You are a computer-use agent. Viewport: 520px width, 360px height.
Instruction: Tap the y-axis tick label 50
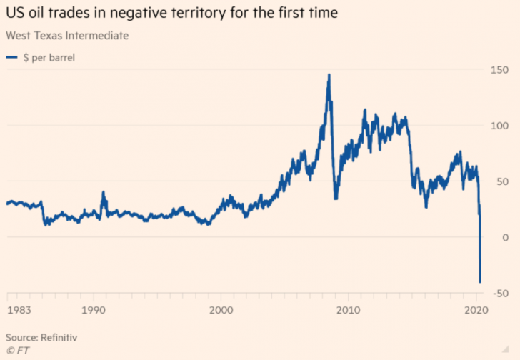point(499,181)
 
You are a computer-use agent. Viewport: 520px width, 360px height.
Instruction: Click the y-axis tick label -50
point(497,294)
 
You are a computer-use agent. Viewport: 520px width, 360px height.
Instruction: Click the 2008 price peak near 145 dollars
point(329,74)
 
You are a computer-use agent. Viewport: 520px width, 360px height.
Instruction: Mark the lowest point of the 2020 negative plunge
point(480,282)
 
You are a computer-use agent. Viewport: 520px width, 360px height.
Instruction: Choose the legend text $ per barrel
point(49,57)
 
